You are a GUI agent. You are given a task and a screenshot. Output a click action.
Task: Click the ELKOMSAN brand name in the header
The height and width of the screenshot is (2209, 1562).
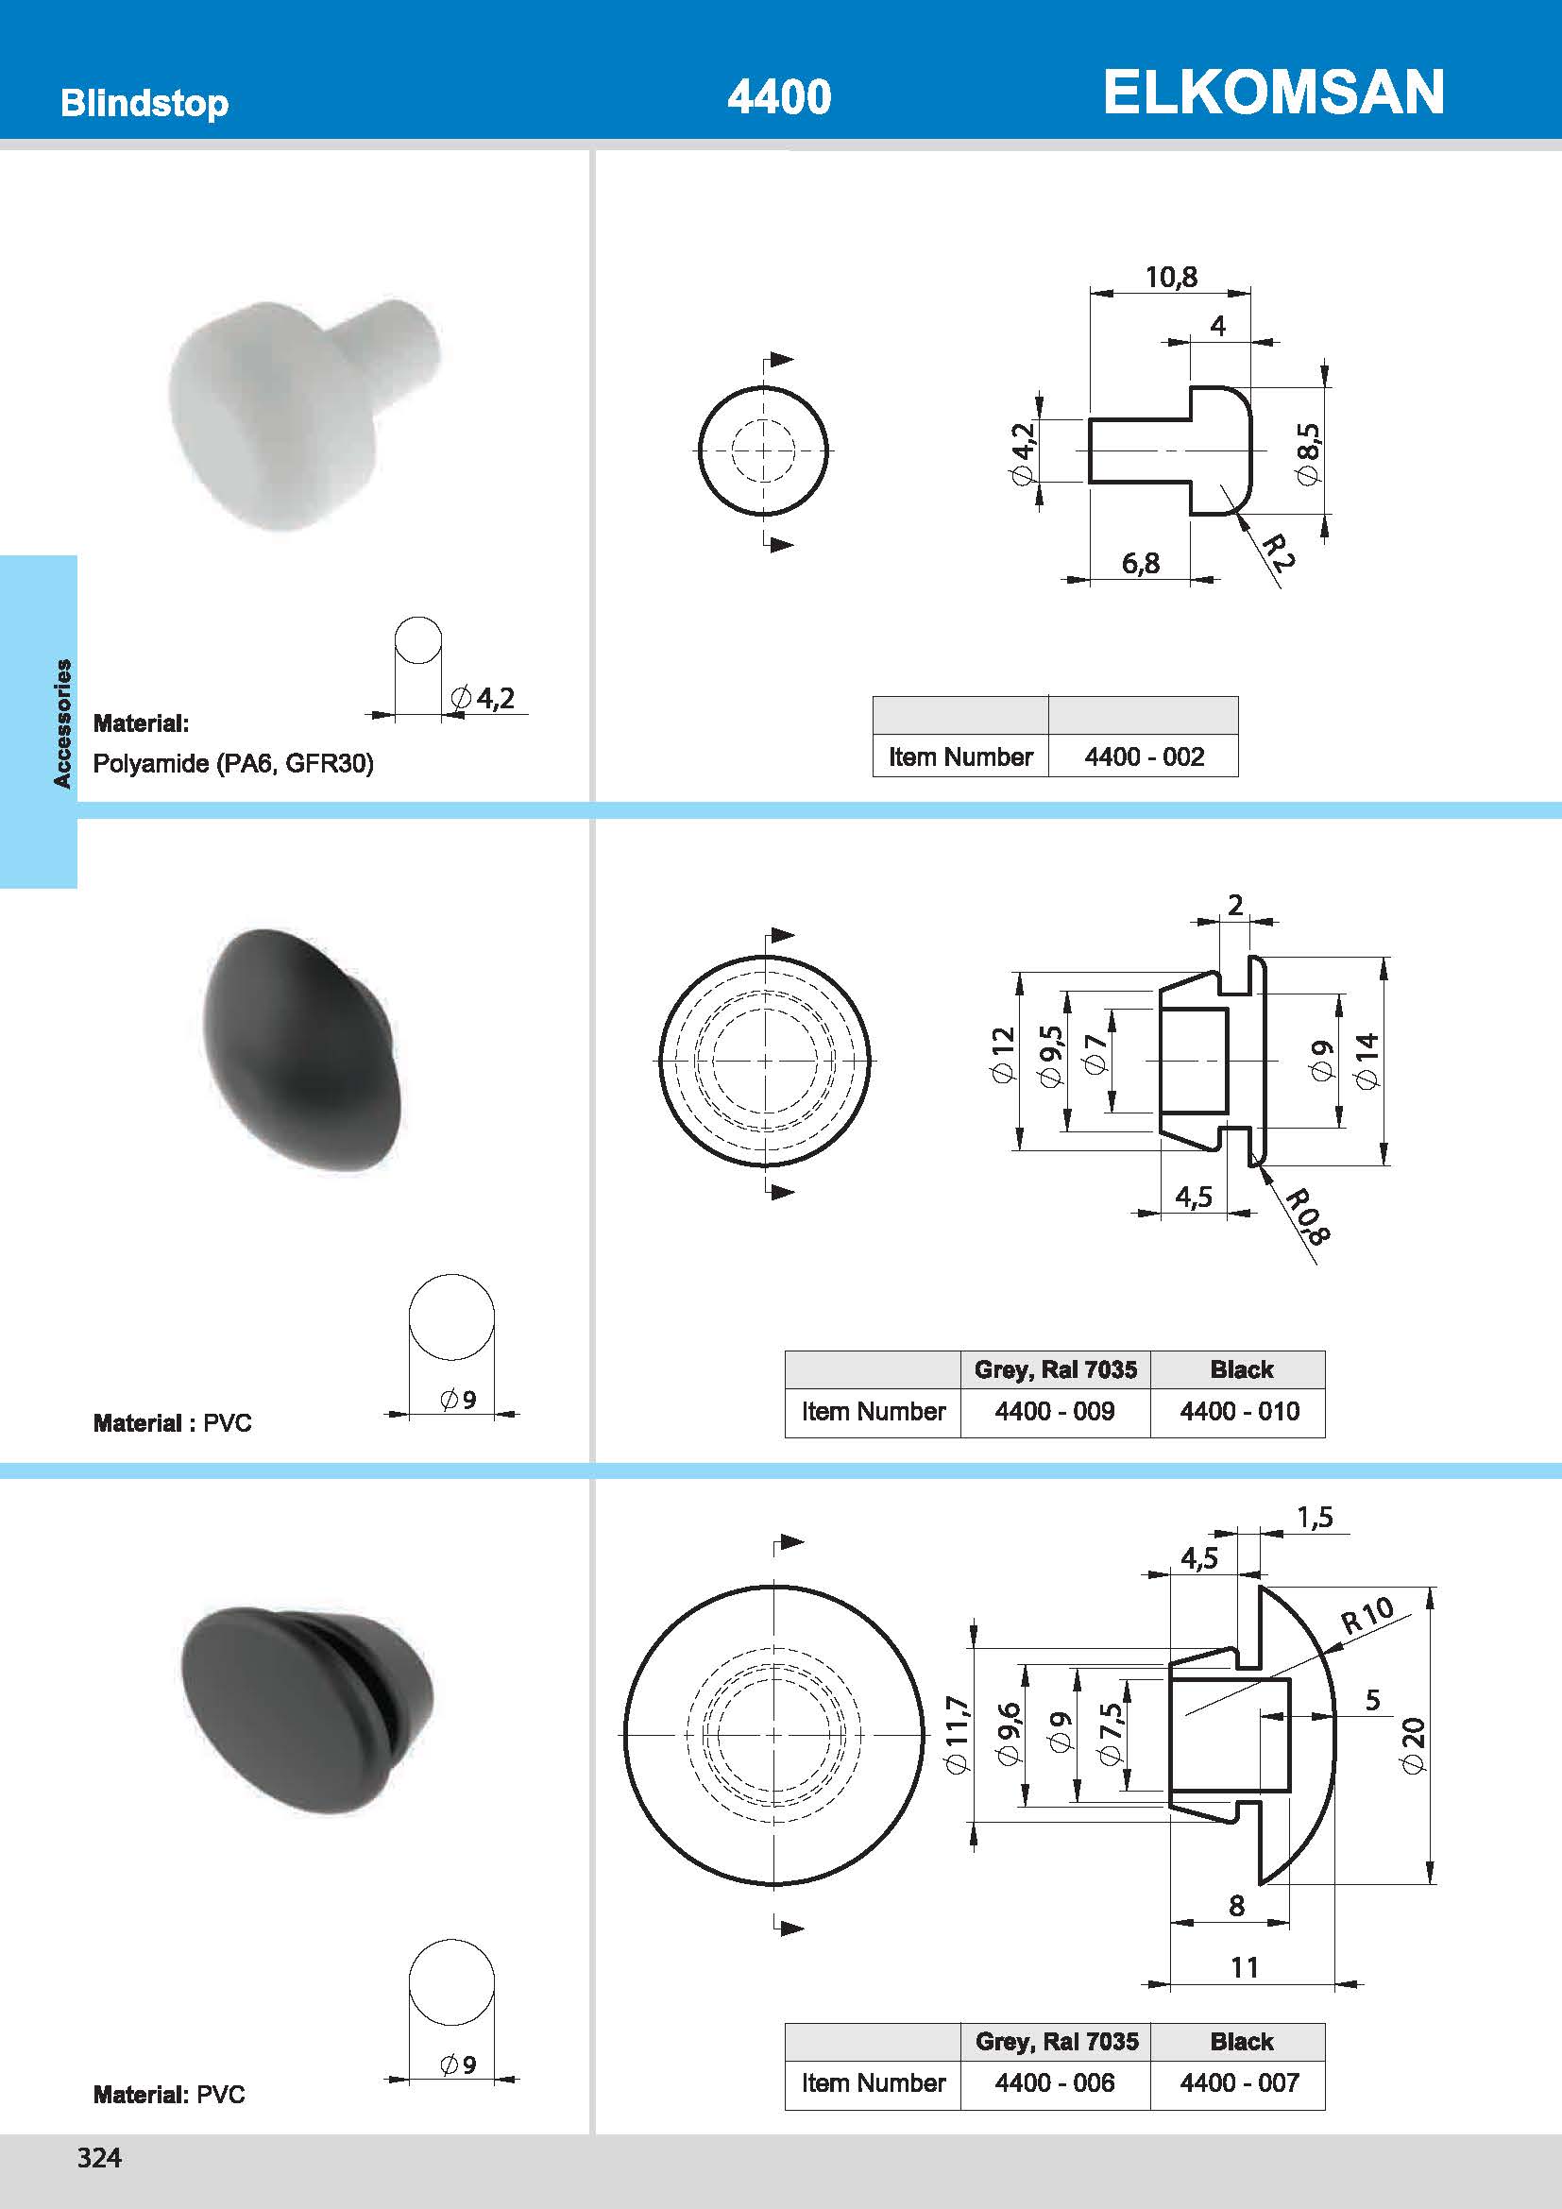[1272, 93]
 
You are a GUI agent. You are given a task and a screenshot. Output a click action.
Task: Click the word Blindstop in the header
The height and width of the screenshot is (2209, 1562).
[144, 103]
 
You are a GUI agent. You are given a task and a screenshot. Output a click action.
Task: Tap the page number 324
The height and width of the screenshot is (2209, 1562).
[99, 2157]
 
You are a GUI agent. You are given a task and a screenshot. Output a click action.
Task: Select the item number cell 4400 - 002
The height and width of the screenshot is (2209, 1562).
[1144, 757]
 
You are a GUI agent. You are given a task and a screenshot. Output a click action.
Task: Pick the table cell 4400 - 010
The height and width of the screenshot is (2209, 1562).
[1239, 1411]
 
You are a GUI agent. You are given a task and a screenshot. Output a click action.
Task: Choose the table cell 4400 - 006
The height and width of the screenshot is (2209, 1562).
[1054, 2083]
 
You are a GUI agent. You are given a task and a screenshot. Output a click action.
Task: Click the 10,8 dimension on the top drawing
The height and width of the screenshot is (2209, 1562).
[1170, 277]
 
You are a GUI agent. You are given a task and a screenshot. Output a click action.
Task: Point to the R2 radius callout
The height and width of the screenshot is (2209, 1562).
[1279, 553]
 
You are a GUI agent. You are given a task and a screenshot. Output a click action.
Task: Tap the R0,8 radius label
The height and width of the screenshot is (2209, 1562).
[1308, 1217]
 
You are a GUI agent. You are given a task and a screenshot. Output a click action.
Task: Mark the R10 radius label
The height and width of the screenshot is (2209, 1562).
[1367, 1615]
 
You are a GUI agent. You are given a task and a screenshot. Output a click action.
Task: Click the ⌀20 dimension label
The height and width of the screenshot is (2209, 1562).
[1413, 1745]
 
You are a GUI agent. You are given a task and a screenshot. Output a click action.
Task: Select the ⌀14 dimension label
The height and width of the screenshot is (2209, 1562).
[1367, 1061]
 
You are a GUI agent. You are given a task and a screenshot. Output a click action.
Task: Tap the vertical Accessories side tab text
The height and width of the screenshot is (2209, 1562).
[62, 723]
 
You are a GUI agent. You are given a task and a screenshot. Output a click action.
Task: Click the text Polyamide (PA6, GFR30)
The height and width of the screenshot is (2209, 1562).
[232, 764]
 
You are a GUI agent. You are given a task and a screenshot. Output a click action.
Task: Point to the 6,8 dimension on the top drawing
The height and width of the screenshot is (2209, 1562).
[1140, 563]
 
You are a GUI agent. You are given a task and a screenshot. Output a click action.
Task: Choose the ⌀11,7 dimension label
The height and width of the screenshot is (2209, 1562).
[958, 1735]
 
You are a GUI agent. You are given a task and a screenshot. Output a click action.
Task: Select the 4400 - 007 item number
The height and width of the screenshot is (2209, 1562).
[1239, 2083]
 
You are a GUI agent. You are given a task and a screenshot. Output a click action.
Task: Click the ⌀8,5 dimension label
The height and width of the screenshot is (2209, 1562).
[1308, 453]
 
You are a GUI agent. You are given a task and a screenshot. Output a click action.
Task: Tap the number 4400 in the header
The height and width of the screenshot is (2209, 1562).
[779, 97]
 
